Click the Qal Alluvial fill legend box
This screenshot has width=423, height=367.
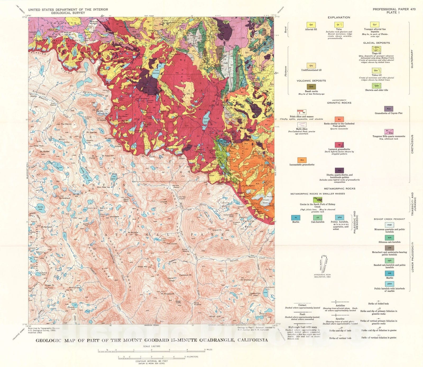click(311, 25)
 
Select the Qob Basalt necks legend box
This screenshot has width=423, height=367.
click(311, 87)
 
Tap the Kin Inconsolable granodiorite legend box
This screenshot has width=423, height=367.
click(302, 160)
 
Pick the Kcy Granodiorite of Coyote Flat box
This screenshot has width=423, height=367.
click(389, 109)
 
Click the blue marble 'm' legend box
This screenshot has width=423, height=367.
click(296, 218)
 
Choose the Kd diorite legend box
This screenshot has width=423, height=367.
click(339, 170)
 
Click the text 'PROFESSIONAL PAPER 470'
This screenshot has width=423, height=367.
click(394, 9)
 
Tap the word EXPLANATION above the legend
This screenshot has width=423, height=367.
click(339, 17)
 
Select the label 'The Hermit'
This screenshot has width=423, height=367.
click(66, 124)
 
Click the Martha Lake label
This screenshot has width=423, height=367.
click(40, 208)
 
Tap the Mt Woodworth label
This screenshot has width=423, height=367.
click(168, 294)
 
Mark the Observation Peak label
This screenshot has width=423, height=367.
click(255, 294)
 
